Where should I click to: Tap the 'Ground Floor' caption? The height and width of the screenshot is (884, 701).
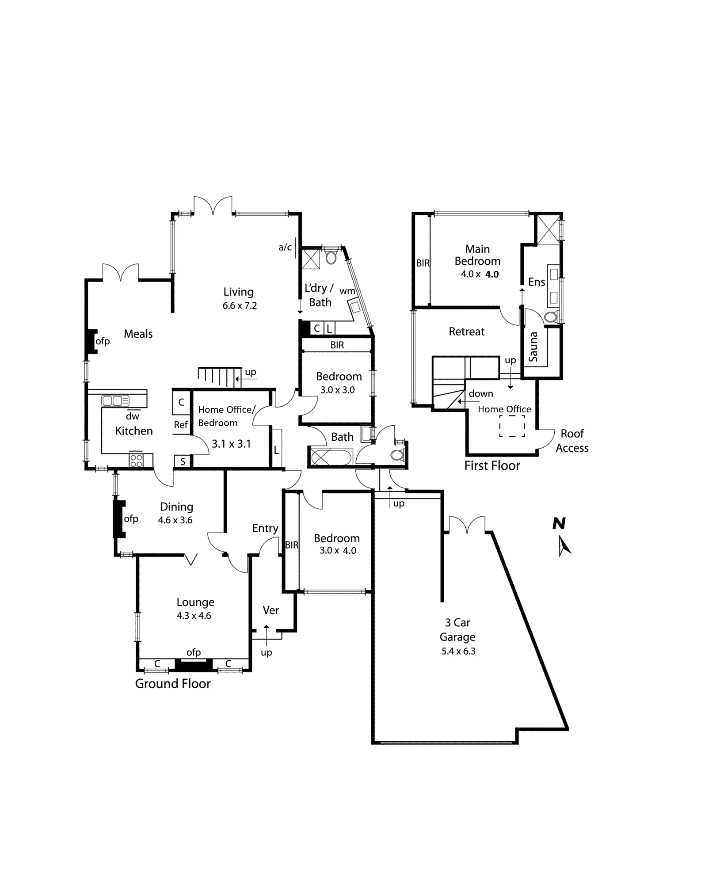point(173,684)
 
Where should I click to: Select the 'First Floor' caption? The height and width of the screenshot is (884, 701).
point(492,465)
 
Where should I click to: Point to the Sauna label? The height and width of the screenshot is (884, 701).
point(533,347)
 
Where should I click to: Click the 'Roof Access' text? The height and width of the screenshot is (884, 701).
point(572,441)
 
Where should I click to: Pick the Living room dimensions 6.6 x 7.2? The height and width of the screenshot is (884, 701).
point(240,305)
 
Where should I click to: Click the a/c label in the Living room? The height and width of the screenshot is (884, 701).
point(285,247)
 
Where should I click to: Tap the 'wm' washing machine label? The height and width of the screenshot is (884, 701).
point(347,291)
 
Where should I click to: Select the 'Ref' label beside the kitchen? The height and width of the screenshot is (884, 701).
point(181,425)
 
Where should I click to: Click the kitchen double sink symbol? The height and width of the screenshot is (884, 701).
point(115,401)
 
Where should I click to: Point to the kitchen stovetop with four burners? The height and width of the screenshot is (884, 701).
point(136,461)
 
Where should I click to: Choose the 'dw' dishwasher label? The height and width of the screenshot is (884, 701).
point(133,416)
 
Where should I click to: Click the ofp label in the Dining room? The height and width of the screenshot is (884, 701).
point(131,519)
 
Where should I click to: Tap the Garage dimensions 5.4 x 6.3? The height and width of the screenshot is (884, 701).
point(458,651)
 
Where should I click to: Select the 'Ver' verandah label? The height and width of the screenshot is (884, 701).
point(270,610)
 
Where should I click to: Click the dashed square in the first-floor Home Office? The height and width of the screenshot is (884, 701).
point(512,426)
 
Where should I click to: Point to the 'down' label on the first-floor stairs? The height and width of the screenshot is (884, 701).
point(481,393)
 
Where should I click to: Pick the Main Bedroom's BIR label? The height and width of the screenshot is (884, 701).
point(423,263)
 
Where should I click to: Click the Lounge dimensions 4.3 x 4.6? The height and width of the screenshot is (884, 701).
point(194,616)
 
